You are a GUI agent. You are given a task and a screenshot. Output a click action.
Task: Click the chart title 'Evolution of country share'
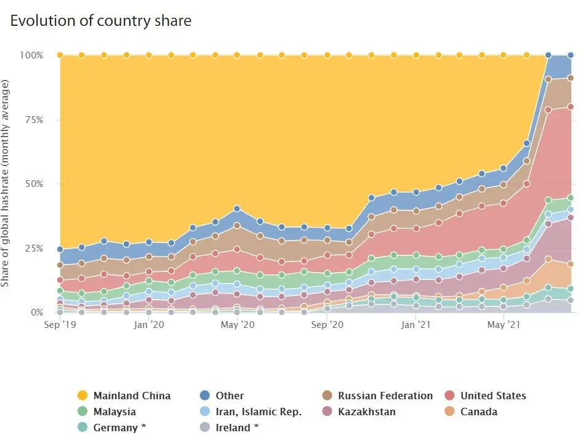(x=100, y=20)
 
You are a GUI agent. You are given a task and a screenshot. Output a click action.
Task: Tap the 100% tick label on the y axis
(x=31, y=55)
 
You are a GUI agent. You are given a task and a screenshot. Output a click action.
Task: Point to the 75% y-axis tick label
(x=33, y=120)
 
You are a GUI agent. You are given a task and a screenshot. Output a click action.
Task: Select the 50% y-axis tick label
(x=33, y=184)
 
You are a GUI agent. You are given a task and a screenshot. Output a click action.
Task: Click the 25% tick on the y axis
(x=33, y=249)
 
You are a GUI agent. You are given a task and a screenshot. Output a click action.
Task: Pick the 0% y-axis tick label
(x=36, y=313)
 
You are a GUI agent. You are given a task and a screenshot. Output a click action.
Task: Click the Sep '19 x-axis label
(x=60, y=324)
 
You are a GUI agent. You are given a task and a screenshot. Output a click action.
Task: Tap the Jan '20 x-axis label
(x=149, y=324)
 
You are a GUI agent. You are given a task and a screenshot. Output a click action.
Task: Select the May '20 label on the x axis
(x=238, y=324)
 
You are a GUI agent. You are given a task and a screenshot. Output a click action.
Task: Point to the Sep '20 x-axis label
(x=327, y=324)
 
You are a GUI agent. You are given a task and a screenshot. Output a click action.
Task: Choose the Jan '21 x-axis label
(x=416, y=324)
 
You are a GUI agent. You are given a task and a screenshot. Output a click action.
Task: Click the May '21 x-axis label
(x=505, y=324)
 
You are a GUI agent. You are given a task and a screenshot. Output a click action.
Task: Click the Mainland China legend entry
(x=132, y=396)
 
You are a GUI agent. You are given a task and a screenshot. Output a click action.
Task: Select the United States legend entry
(x=493, y=396)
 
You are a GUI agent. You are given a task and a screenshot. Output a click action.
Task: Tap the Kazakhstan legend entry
(x=366, y=412)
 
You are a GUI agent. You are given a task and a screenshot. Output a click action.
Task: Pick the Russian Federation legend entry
(x=385, y=396)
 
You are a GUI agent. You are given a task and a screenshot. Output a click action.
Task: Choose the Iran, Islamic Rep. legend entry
(x=259, y=412)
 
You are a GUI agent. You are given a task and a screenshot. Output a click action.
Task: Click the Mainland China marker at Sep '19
(x=60, y=55)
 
